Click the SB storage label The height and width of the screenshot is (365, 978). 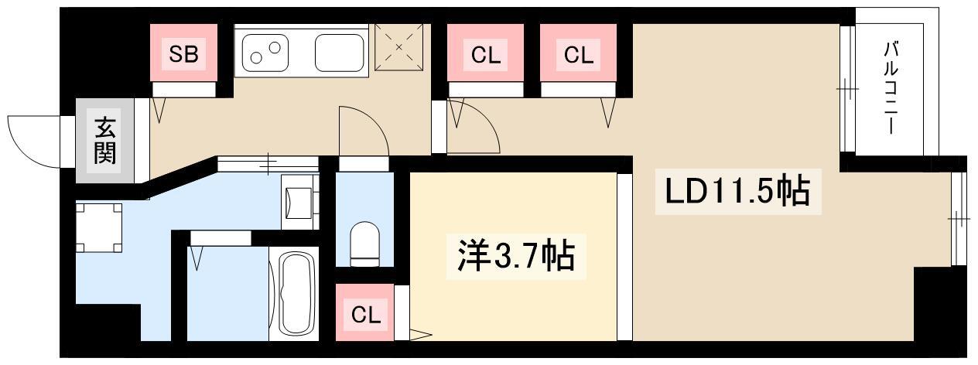click(x=183, y=54)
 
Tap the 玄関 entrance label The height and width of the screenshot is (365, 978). click(x=105, y=141)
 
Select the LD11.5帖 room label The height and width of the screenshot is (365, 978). click(x=737, y=191)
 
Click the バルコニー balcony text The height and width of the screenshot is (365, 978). click(x=891, y=87)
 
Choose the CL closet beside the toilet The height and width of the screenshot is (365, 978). click(x=365, y=312)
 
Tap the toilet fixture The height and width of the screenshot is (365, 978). click(x=364, y=244)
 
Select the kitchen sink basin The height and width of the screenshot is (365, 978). click(x=340, y=53)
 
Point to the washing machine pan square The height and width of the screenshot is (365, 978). click(x=99, y=227)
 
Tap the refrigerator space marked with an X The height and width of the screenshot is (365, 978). click(x=399, y=47)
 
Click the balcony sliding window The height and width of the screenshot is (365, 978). click(x=847, y=89)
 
